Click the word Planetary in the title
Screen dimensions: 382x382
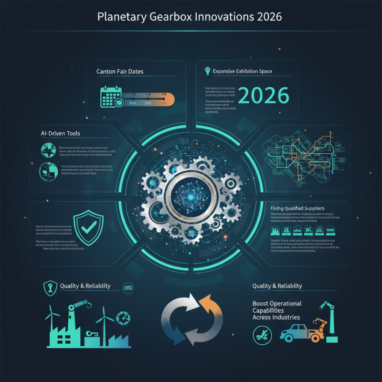tap(120, 16)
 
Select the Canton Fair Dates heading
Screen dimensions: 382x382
tap(120, 72)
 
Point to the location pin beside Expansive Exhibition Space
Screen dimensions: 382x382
tap(207, 71)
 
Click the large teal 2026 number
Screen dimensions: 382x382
tap(263, 96)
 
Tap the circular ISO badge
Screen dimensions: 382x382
tap(128, 287)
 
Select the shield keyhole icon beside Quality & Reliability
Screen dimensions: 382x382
tap(48, 287)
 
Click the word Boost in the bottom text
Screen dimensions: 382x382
tap(262, 304)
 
